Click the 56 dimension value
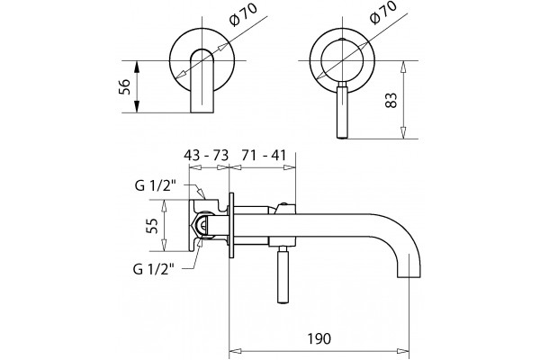coord(124,86)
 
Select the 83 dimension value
coord(391,101)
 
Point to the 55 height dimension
coord(152,226)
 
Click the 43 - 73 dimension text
coord(206,156)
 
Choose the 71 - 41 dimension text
coord(264,156)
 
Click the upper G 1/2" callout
coord(156,185)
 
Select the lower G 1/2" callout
coord(154,269)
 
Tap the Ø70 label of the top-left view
coord(243,14)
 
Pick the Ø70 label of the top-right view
coord(382,13)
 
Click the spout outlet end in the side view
coord(409,272)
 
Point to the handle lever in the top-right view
coord(342,110)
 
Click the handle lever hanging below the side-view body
coord(283,274)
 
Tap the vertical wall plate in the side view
coord(231,225)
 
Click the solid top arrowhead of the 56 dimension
coord(137,67)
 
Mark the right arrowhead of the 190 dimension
coord(403,351)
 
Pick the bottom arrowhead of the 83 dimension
coord(403,133)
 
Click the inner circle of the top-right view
coord(342,60)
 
